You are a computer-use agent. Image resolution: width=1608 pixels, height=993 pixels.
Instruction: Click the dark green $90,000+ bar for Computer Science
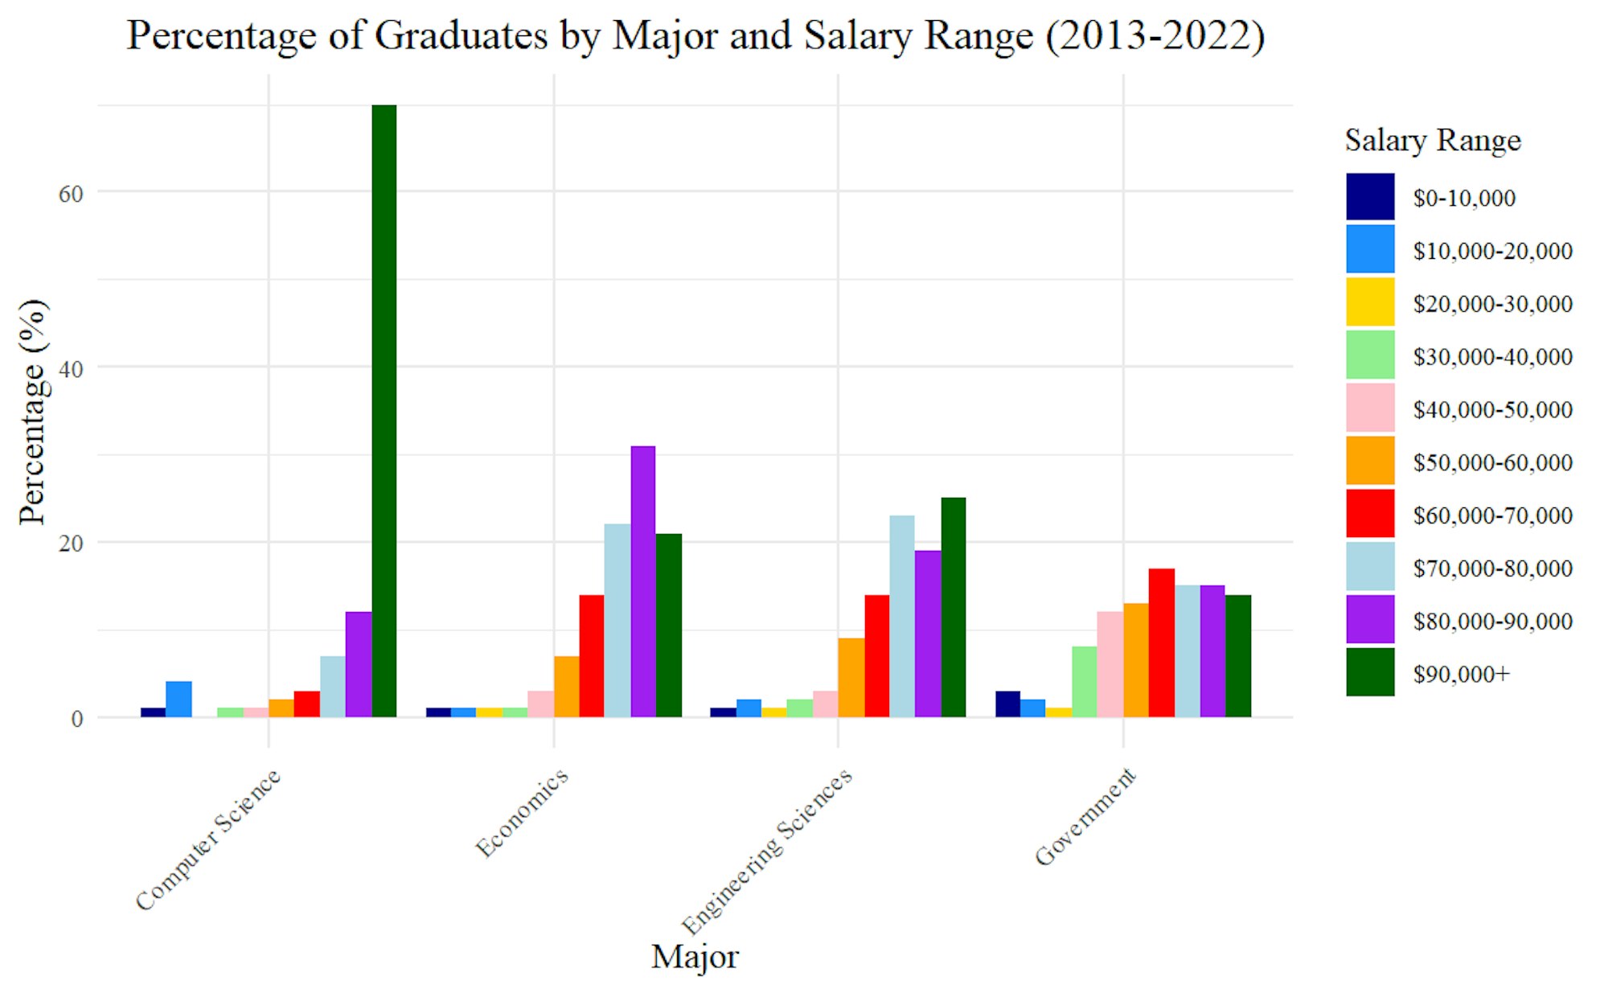(384, 410)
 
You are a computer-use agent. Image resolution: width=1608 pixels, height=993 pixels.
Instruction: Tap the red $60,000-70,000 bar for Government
(1161, 642)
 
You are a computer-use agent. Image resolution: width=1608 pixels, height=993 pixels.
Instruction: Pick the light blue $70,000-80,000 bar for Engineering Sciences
(901, 616)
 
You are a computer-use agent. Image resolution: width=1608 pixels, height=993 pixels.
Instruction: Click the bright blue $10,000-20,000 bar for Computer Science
(178, 699)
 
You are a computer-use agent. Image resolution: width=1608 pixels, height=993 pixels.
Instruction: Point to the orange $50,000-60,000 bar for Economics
(566, 686)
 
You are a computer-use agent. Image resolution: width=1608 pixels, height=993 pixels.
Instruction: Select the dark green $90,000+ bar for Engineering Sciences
(953, 607)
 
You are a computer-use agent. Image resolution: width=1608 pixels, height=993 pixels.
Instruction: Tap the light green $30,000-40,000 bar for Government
(1084, 681)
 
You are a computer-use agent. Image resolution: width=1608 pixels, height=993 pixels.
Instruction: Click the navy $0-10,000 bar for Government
(1007, 704)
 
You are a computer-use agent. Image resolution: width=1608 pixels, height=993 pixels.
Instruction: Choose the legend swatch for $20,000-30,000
(1370, 302)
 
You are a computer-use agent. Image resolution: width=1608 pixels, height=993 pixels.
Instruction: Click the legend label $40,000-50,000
(1492, 409)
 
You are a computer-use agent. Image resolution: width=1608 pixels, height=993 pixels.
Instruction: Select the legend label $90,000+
(1461, 674)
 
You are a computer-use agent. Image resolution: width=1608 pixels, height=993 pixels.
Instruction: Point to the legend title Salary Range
(1433, 141)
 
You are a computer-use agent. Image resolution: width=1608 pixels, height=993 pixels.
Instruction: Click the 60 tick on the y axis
(71, 194)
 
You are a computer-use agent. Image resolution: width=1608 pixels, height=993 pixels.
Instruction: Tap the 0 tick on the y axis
(76, 719)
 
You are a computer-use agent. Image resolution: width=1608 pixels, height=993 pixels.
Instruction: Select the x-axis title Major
(695, 957)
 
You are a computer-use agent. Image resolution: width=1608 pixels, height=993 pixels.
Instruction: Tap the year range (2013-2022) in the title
(1155, 36)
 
